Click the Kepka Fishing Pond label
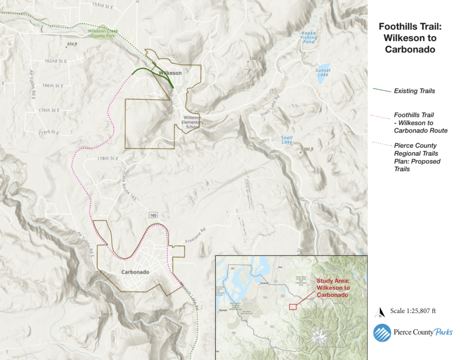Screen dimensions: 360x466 309,37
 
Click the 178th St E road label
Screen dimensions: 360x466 107,158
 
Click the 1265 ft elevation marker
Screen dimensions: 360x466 255,58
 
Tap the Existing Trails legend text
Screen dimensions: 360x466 414,91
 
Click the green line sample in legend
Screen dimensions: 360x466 381,91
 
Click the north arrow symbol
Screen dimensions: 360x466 380,312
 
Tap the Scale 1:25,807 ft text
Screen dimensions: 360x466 413,311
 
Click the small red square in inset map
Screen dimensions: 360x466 292,307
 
